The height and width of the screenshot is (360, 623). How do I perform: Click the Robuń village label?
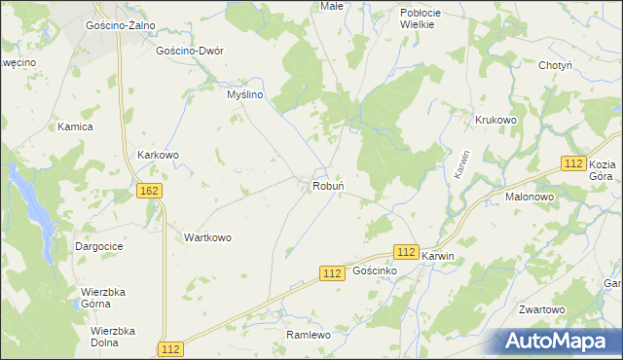coord(329,185)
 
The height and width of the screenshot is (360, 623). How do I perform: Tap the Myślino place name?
coord(245,94)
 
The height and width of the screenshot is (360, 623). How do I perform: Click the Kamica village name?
coord(75,127)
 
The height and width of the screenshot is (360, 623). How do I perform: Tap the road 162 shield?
coord(149,192)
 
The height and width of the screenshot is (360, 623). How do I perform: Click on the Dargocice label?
coord(99,247)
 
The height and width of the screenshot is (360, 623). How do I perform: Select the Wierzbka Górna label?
coord(108,297)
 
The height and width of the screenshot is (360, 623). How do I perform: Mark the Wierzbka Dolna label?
coord(111,336)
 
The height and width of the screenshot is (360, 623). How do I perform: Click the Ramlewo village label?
coord(310,335)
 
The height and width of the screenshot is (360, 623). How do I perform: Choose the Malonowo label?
coord(530,196)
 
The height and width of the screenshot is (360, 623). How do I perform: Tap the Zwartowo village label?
coord(542,309)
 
